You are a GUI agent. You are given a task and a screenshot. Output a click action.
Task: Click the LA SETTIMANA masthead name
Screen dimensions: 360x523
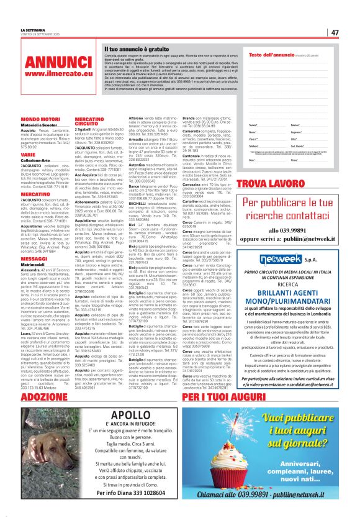[x=33, y=29]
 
